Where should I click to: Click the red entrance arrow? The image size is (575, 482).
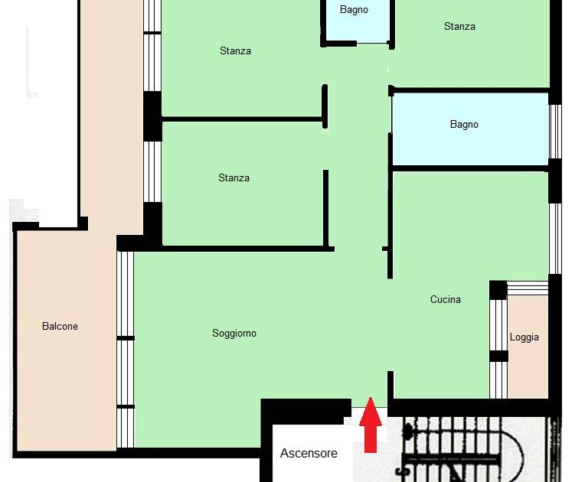pos(371,425)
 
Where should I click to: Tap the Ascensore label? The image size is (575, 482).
pos(309,454)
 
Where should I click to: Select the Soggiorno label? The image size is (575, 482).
pos(234,333)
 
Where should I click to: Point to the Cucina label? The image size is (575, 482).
pos(445,299)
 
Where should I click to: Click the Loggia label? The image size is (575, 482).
pos(524,337)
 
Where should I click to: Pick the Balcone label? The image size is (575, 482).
pos(60,326)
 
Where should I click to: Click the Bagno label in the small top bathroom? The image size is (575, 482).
pos(354,9)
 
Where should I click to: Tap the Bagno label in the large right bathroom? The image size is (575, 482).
pos(464,124)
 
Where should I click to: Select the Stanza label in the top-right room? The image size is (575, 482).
pos(460,26)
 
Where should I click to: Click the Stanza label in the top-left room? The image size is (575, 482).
pos(235,50)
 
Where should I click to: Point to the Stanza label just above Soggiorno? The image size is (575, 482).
pos(234,177)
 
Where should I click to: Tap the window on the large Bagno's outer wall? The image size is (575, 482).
pos(555,132)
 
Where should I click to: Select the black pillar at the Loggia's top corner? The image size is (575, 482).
pos(498,290)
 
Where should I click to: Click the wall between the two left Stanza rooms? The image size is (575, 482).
pos(242,119)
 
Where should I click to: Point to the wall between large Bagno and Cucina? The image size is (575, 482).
pos(470,168)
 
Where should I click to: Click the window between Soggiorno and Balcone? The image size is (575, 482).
pos(126,350)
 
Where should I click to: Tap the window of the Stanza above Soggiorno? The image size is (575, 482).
pos(152,171)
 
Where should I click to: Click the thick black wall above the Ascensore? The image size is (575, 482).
pos(305,409)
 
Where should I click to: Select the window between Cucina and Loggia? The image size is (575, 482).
pos(498,349)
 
